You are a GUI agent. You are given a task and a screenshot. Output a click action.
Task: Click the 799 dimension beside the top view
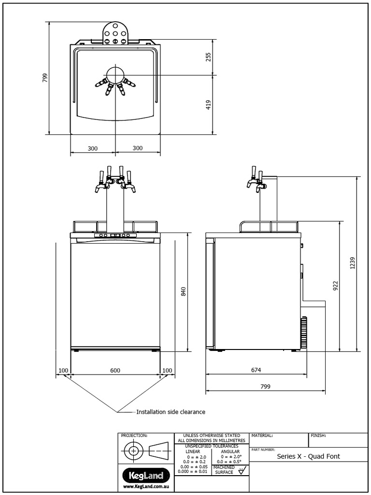pos(44,78)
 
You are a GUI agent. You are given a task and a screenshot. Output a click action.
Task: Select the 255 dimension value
pos(209,57)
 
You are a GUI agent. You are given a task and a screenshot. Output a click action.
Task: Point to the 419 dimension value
pos(209,105)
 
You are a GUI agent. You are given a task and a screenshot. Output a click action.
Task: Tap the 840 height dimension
pos(183,291)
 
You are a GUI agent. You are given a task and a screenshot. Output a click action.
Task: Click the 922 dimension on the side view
pos(336,286)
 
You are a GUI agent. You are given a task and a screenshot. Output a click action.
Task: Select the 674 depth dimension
pos(256,370)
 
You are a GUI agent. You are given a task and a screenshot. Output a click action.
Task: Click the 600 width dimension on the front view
pos(115,370)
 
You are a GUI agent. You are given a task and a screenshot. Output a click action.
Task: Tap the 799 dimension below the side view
pos(265,386)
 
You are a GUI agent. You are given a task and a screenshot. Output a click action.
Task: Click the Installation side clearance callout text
pos(171,412)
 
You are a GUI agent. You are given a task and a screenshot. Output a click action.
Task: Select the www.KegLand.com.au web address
pos(145,486)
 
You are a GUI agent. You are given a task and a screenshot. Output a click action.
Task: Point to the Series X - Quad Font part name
pos(308,456)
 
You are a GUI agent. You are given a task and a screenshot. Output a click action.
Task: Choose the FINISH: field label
pos(318,436)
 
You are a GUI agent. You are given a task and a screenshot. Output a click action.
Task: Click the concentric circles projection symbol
pos(133,452)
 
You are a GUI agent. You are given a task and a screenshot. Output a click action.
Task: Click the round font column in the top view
pos(115,75)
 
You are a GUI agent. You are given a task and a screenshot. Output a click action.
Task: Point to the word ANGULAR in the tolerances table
pos(229,451)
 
